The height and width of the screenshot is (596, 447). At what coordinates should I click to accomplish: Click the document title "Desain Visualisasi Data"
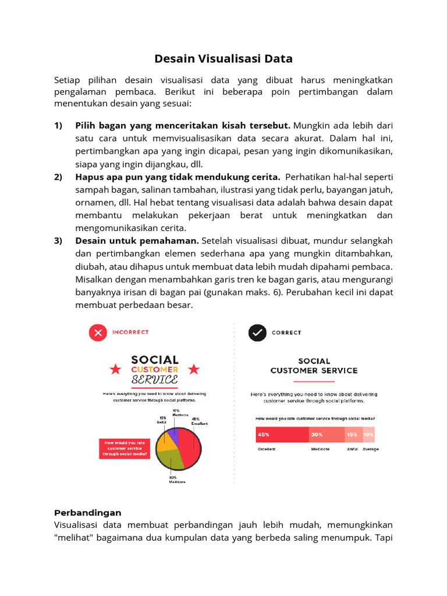pos(223,59)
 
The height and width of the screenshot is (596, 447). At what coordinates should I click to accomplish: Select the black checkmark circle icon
pos(257,333)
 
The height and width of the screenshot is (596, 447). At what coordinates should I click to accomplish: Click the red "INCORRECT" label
pos(130,332)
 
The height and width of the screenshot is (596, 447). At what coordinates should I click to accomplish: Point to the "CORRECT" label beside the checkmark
pos(286,333)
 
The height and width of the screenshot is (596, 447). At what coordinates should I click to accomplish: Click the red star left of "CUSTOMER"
pos(115,369)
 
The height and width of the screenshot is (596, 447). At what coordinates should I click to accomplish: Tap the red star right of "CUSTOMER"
pos(194,369)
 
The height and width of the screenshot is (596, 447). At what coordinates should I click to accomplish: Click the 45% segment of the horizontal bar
pos(282,435)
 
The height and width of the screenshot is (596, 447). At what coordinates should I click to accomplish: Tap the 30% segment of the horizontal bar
pos(326,435)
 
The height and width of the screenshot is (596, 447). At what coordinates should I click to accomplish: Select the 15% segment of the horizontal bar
pos(353,435)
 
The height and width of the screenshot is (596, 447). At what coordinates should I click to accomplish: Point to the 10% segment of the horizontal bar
pos(368,435)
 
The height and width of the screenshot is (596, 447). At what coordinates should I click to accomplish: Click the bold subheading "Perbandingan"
pos(88,513)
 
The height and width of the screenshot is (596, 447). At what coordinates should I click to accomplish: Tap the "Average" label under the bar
pos(370,449)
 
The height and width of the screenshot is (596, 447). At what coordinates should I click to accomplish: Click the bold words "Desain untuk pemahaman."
pos(137,240)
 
